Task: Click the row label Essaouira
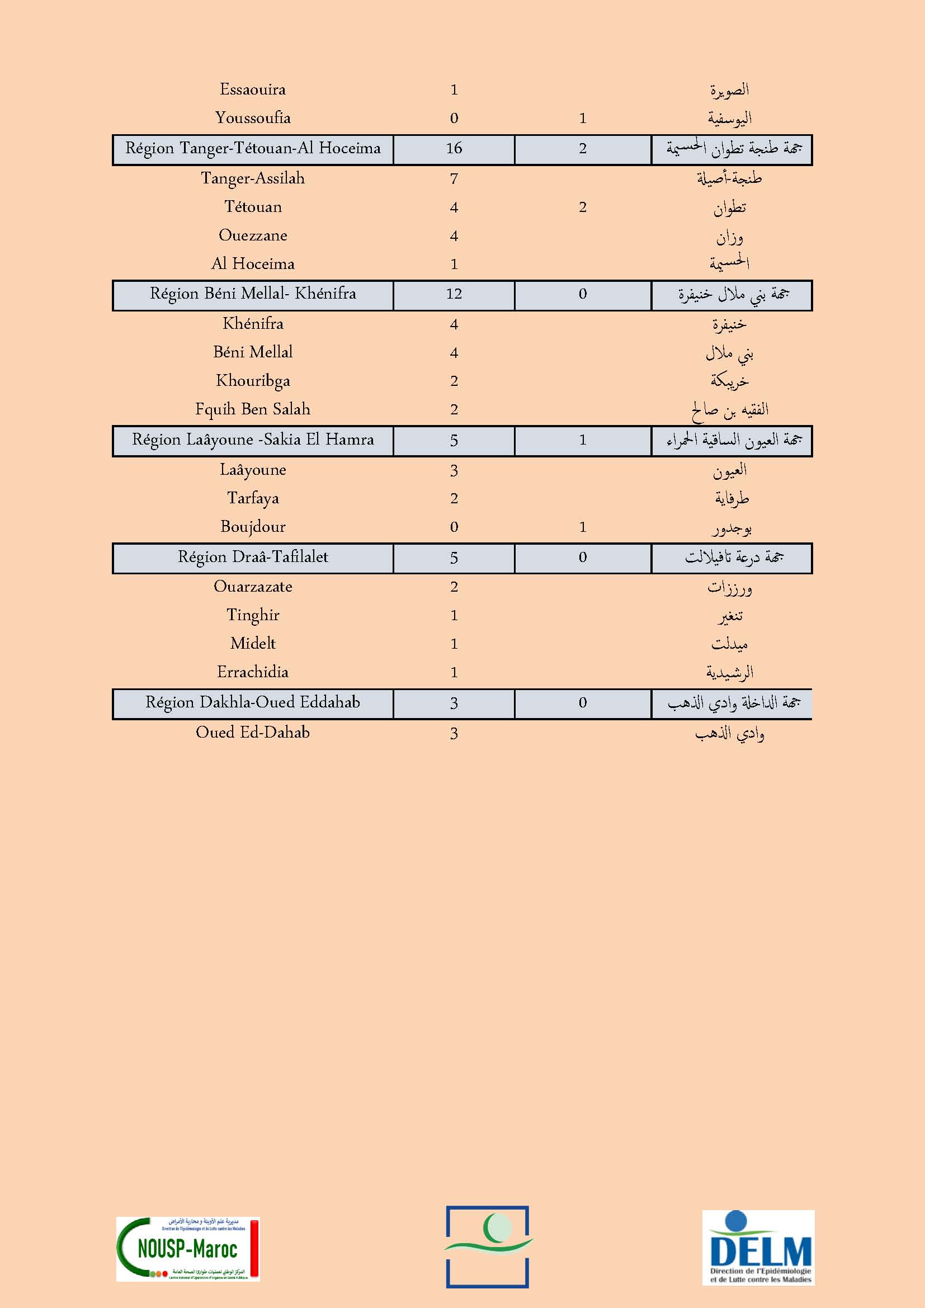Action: pos(252,89)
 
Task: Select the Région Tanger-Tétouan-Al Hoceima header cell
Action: pos(253,149)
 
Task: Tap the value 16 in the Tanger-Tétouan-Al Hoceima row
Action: pos(454,149)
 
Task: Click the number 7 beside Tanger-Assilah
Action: pos(454,179)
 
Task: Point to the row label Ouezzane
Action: pos(253,235)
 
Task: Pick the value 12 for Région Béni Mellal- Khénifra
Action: pos(454,294)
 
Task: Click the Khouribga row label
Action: pos(253,381)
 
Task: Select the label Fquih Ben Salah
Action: pos(253,409)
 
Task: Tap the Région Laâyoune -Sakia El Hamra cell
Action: pos(253,440)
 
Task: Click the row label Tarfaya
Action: pos(253,498)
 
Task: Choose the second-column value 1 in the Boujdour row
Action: pos(582,527)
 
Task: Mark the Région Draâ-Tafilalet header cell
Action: pos(253,557)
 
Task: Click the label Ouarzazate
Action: pos(253,587)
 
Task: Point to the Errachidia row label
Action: pos(253,672)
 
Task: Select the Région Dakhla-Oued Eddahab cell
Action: pos(253,702)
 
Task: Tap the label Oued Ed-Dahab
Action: pos(253,733)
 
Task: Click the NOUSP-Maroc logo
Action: pos(188,1249)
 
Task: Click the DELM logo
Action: pos(758,1247)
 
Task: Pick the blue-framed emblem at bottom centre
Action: pos(487,1246)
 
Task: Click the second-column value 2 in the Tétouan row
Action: pos(582,207)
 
